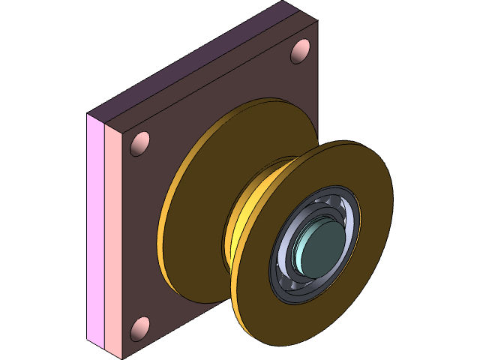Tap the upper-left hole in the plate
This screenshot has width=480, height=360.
click(x=140, y=143)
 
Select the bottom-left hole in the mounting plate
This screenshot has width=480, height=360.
click(x=139, y=328)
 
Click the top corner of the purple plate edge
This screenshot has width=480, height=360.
click(x=286, y=4)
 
